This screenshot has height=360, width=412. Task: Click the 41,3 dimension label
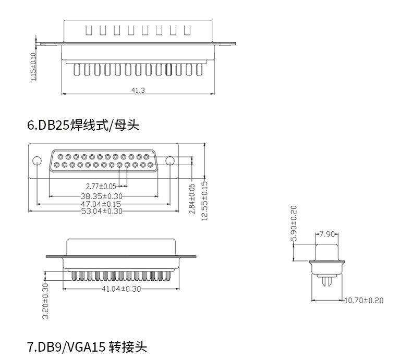click(x=138, y=90)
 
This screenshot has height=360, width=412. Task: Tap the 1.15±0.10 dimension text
click(x=33, y=67)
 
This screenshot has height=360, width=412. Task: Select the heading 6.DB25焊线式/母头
click(x=83, y=125)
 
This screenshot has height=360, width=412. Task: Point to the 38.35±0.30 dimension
click(x=102, y=196)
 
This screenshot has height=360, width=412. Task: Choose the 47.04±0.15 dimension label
click(x=101, y=204)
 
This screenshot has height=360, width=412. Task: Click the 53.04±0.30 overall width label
click(x=102, y=211)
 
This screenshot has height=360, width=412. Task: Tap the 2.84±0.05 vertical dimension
click(x=191, y=198)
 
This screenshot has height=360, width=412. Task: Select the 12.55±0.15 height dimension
click(x=204, y=200)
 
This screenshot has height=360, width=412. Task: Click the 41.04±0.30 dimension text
click(x=121, y=289)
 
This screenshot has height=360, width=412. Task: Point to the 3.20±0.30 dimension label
click(x=45, y=301)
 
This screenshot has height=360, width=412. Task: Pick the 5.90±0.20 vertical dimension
click(x=294, y=224)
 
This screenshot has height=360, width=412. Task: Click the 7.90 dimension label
click(x=327, y=234)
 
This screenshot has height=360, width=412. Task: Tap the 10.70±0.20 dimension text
click(x=364, y=300)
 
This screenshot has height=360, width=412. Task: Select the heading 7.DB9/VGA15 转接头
click(x=88, y=346)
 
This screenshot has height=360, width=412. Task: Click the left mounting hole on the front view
click(x=38, y=160)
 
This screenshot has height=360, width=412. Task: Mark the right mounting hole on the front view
click(x=171, y=160)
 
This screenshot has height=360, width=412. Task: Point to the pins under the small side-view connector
click(x=327, y=281)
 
